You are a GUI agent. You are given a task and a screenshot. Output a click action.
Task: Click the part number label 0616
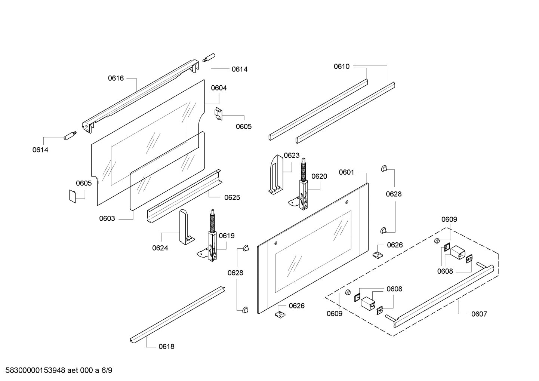pyautogui.click(x=115, y=78)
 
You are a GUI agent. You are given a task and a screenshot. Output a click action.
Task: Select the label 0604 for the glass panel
pyautogui.click(x=219, y=88)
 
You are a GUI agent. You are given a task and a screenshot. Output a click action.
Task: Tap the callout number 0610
pyautogui.click(x=342, y=67)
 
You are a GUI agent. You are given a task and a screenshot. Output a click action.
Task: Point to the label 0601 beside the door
pyautogui.click(x=346, y=172)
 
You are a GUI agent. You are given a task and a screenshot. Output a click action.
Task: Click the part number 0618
pyautogui.click(x=166, y=347)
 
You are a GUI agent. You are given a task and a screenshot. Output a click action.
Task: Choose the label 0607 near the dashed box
pyautogui.click(x=479, y=314)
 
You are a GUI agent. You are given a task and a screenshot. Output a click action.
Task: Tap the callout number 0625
pyautogui.click(x=232, y=197)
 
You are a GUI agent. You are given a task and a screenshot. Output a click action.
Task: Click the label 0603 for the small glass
pyautogui.click(x=107, y=219)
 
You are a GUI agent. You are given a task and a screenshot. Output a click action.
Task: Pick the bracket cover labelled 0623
pyautogui.click(x=276, y=174)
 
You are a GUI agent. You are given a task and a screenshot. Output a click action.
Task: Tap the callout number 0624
pyautogui.click(x=160, y=248)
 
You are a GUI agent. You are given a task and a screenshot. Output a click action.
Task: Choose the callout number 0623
pyautogui.click(x=292, y=155)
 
